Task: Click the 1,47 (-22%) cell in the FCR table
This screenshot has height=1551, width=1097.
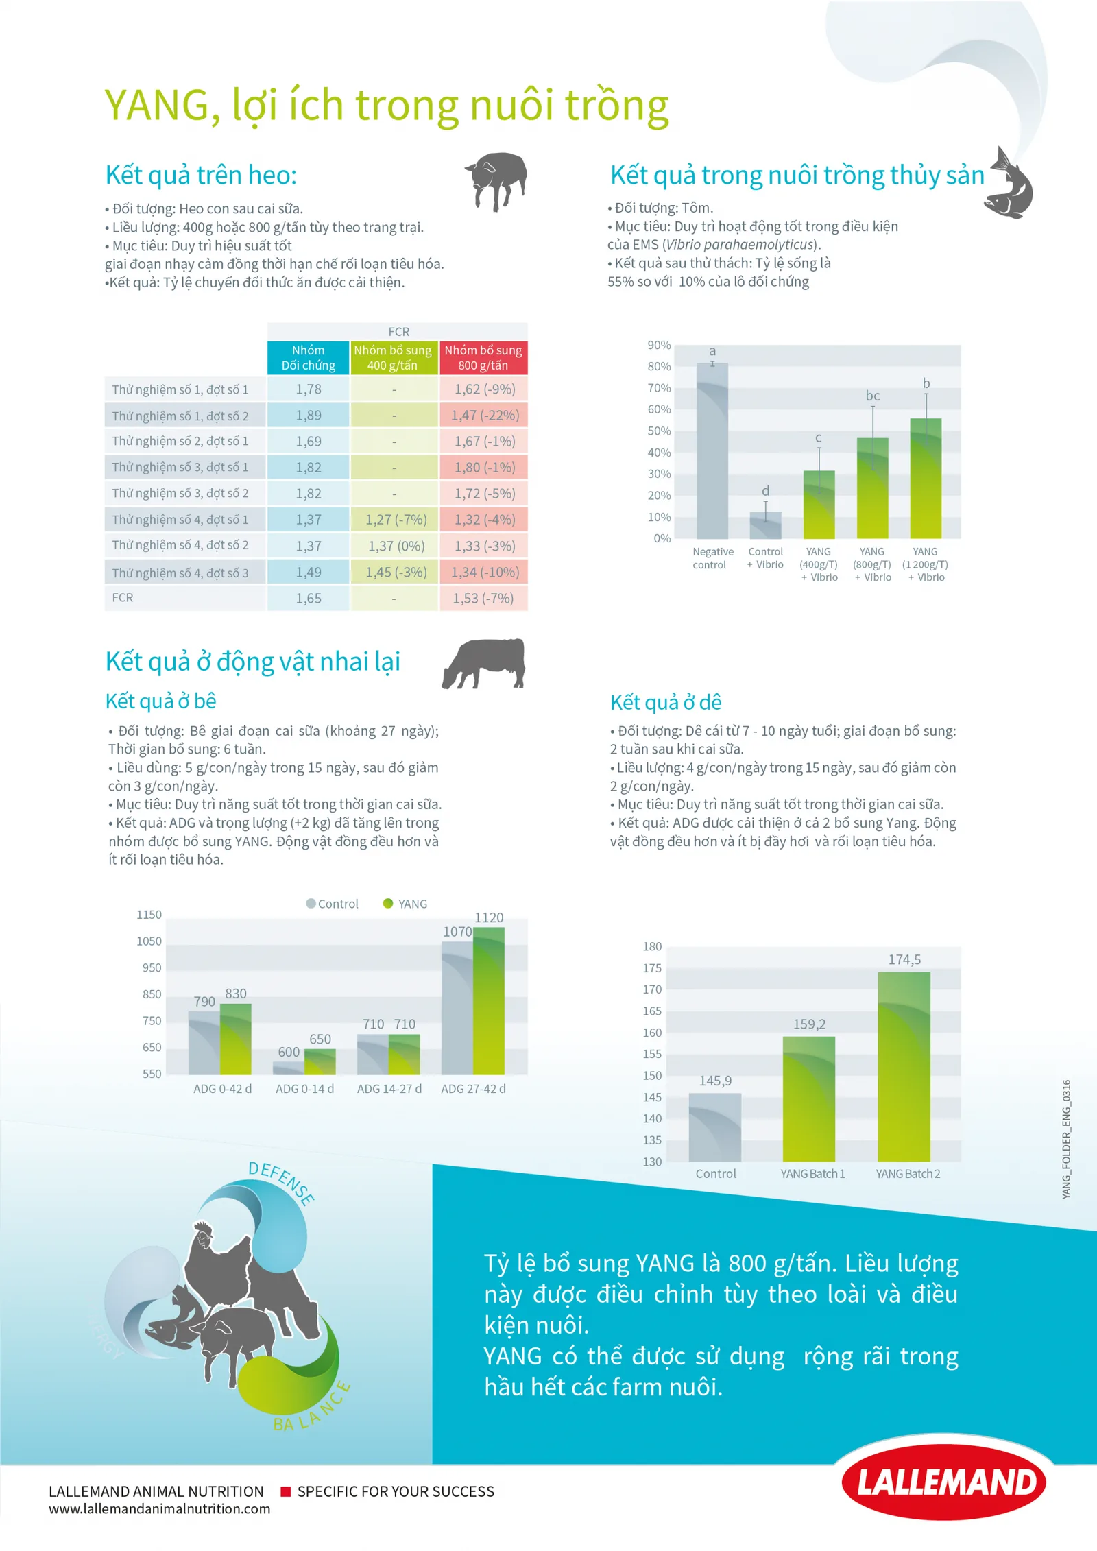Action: pos(483,416)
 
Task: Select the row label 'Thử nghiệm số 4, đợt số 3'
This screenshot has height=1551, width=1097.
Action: pos(180,573)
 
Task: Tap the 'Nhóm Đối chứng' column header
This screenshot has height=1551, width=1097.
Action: pos(308,358)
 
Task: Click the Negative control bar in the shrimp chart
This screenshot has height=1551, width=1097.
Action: pos(712,450)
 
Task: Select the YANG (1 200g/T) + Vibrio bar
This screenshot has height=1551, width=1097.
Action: pos(926,478)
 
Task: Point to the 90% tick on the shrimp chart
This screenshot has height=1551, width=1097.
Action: pos(659,345)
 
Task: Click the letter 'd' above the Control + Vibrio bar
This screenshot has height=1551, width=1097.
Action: pos(766,491)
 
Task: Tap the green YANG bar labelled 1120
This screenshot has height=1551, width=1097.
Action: pos(489,1000)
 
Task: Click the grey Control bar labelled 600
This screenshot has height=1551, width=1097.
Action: pos(289,1068)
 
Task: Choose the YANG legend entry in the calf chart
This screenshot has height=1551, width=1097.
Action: pos(405,904)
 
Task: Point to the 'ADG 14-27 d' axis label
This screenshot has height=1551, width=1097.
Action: pos(389,1089)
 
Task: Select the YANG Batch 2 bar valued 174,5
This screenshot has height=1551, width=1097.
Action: pos(904,1066)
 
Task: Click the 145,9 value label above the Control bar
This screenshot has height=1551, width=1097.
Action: pos(715,1081)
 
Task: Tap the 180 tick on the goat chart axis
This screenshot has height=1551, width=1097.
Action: pos(652,946)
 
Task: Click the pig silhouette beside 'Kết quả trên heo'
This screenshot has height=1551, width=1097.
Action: pos(496,181)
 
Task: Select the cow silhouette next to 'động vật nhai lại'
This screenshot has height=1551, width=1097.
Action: pos(484,663)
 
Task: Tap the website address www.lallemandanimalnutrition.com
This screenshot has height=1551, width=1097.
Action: pos(159,1509)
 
